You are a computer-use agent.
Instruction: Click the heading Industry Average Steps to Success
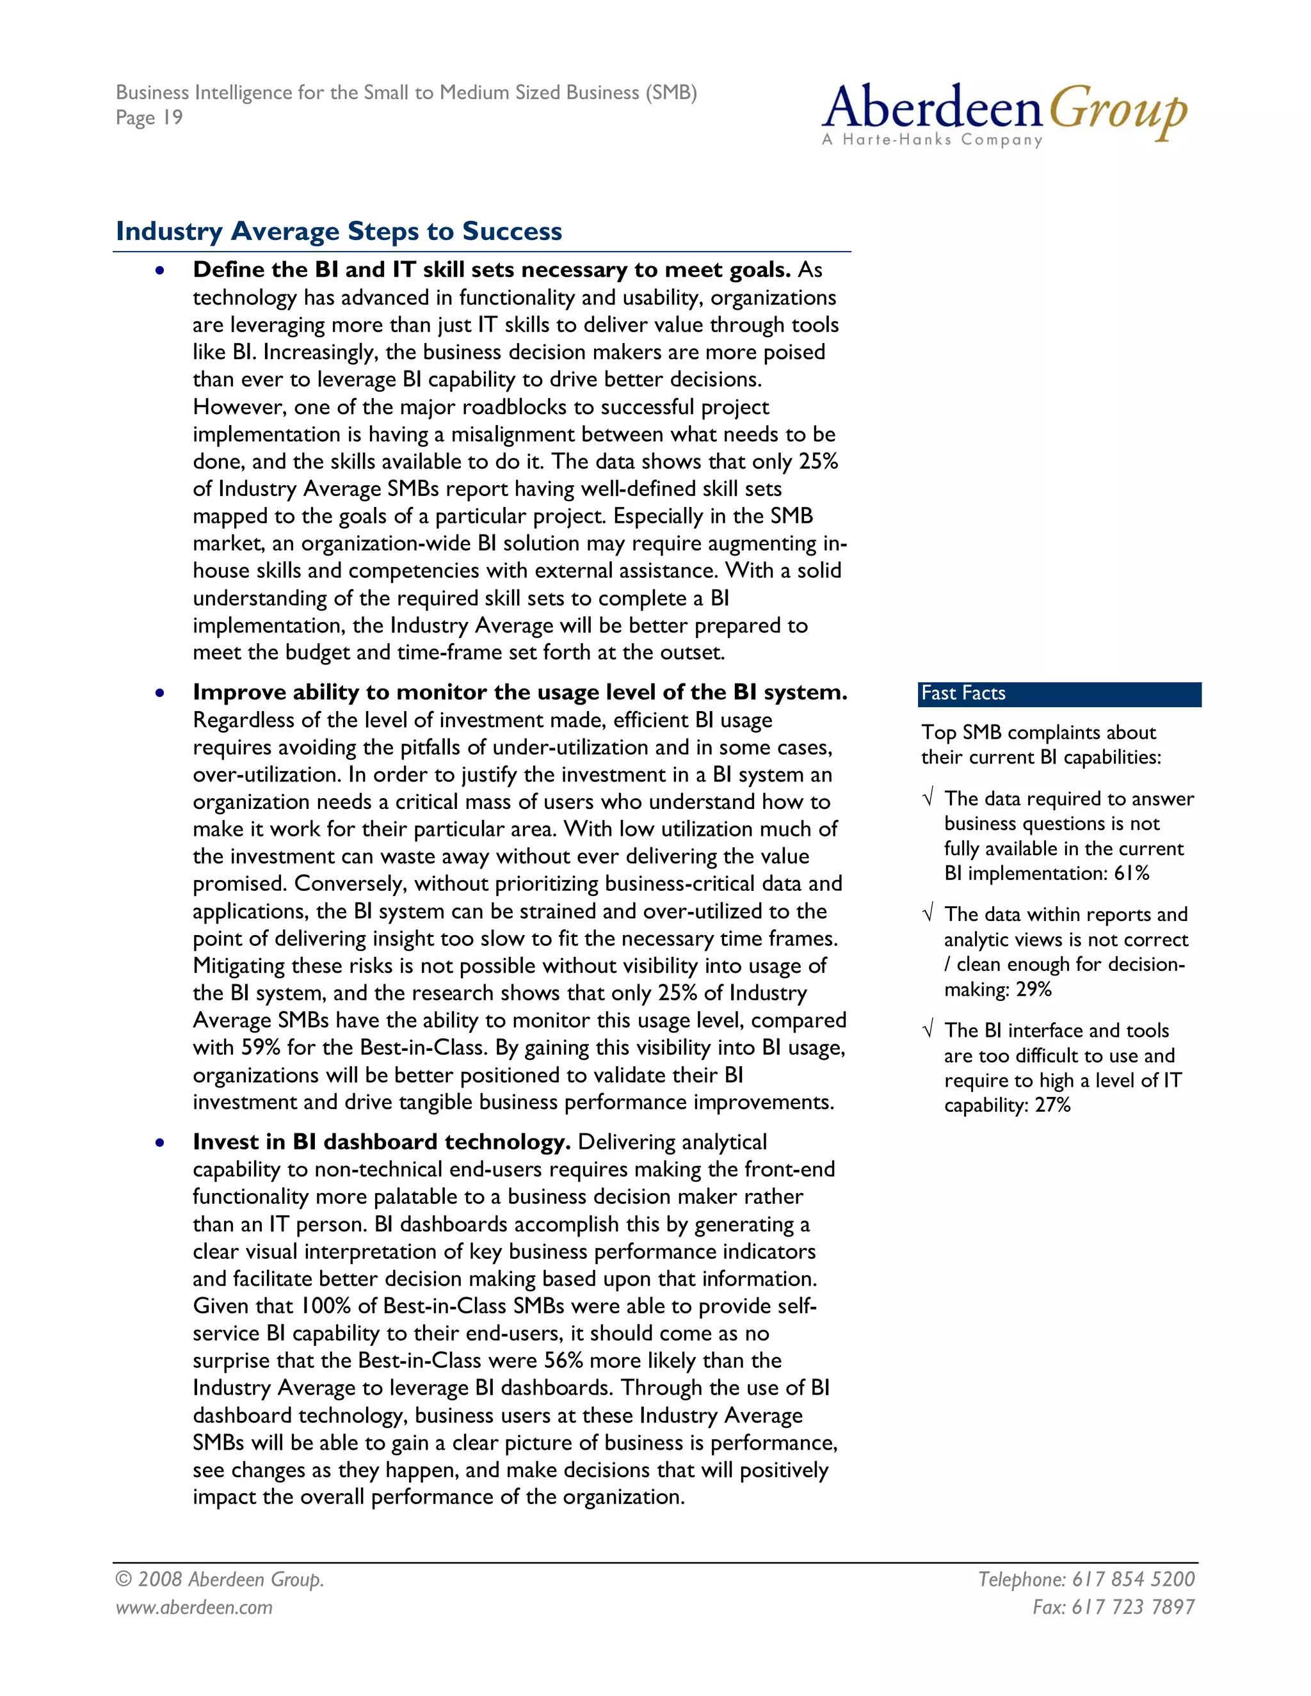(339, 232)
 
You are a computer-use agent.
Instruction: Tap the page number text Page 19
(149, 118)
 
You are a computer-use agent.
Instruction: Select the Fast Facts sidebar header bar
(1059, 694)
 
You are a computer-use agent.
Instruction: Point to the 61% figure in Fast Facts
(1131, 874)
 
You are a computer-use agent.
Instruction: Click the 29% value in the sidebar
(1033, 989)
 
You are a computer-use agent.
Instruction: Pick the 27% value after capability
(1052, 1105)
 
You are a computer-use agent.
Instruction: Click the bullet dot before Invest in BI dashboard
(159, 1143)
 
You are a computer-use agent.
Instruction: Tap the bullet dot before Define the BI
(159, 271)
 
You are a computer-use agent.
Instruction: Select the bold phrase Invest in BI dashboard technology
(382, 1142)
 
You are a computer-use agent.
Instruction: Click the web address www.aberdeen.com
(194, 1608)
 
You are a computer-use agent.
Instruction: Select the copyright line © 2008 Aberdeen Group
(220, 1580)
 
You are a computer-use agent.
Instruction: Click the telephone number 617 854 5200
(1133, 1580)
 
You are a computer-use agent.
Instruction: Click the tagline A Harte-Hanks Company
(932, 140)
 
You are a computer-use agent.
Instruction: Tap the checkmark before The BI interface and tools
(928, 1030)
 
